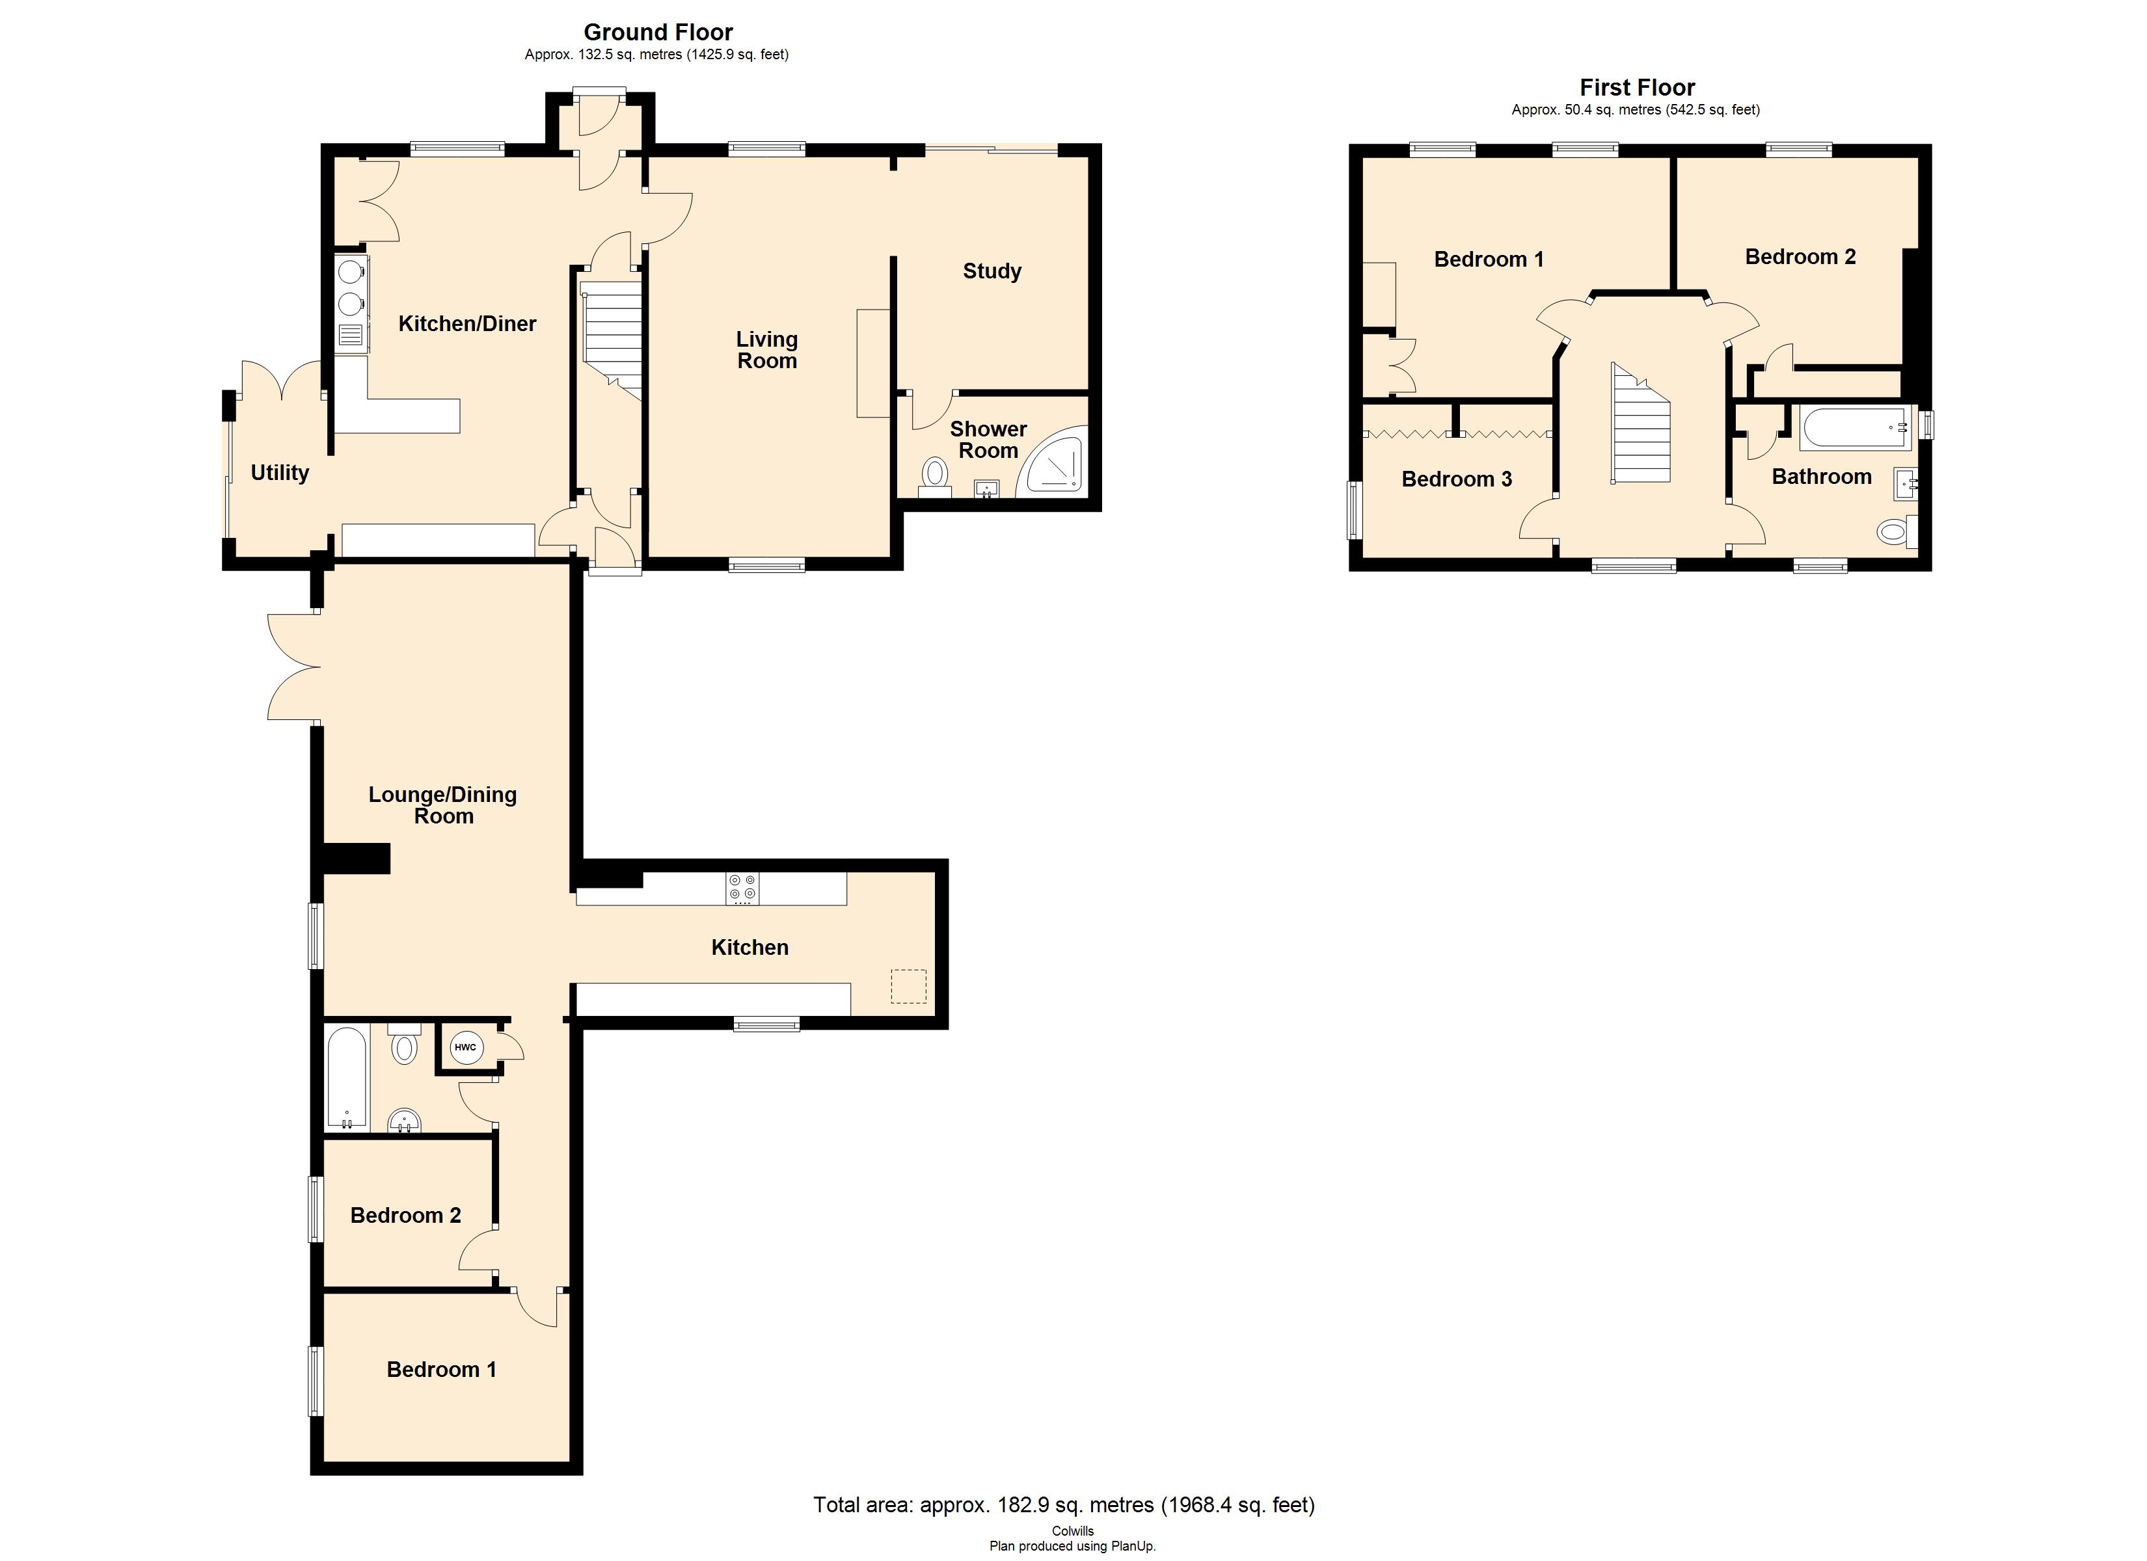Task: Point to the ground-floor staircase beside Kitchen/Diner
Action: (x=612, y=341)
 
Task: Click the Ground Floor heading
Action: (x=658, y=32)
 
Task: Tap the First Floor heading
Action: (x=1637, y=87)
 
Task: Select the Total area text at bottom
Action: (x=1063, y=1504)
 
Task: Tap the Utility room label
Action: (x=279, y=472)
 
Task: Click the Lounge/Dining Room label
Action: (x=443, y=805)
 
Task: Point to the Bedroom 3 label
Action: (x=1456, y=479)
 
